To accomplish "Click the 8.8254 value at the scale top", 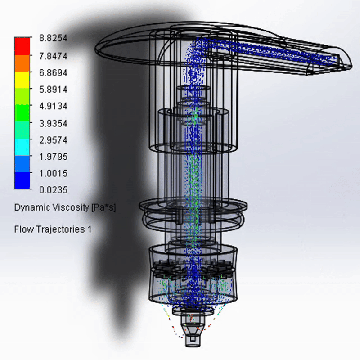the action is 53,38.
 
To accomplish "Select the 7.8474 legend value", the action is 53,56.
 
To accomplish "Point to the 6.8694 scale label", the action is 53,73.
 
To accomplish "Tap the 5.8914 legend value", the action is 53,89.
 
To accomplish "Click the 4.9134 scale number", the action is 53,106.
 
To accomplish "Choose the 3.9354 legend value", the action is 53,123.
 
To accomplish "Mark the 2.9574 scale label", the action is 53,140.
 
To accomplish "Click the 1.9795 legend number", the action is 53,157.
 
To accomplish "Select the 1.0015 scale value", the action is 53,173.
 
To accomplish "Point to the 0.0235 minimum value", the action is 53,190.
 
